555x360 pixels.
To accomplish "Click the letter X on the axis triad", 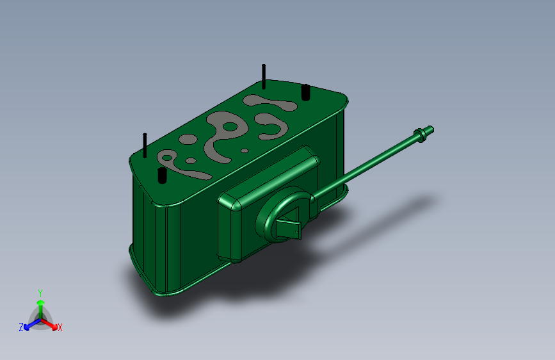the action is pos(60,327).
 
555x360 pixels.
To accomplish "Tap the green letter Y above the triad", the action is pos(40,293).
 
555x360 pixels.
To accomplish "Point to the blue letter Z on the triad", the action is pos(21,327).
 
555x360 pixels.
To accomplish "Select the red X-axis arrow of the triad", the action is pos(49,324).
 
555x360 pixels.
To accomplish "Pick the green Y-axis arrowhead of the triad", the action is pos(41,302).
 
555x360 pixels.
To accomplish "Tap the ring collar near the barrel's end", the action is pos(420,135).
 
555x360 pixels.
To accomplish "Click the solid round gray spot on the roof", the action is pos(188,139).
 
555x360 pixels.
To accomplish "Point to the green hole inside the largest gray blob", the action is pos(230,126).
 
